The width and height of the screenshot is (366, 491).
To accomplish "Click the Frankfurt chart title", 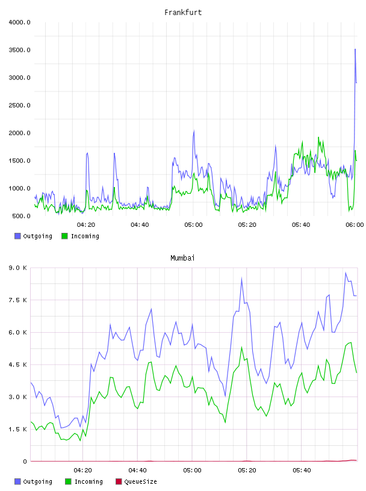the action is coord(183,13).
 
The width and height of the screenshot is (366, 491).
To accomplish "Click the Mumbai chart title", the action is coord(182,258).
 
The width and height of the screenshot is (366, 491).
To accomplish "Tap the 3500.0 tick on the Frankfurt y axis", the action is coord(19,50).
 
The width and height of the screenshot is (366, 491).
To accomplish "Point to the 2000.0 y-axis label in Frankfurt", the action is coord(19,133).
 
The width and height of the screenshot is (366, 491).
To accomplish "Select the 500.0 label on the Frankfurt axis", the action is coord(21,216).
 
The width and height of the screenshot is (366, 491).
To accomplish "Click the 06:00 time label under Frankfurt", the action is coord(355,225).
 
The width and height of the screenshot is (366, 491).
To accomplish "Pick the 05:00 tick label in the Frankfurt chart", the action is coord(193,225).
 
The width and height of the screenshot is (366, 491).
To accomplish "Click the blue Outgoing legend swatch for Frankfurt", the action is coord(17,236).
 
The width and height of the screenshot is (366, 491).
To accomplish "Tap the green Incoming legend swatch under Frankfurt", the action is coord(64,236).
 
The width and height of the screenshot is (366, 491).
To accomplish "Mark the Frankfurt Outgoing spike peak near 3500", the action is coord(355,49).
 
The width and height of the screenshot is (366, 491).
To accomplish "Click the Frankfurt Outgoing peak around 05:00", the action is coord(194,131).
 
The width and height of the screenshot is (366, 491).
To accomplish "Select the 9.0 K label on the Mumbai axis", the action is coord(17,268).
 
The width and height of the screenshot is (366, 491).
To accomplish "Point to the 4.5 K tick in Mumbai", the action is coord(17,365).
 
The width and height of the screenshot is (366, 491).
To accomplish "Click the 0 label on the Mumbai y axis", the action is coord(25,462).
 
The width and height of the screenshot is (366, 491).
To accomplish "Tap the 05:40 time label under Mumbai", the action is coord(302,471).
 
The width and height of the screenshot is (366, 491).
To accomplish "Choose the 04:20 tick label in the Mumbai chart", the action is coord(82,471).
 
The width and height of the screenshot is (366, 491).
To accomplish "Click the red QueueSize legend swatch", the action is coord(119,481).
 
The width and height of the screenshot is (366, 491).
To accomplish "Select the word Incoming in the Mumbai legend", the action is coord(88,482).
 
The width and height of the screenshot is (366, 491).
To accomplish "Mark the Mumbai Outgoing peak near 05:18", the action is coord(241,278).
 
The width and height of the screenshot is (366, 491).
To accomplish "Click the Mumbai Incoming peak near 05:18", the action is coord(241,347).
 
